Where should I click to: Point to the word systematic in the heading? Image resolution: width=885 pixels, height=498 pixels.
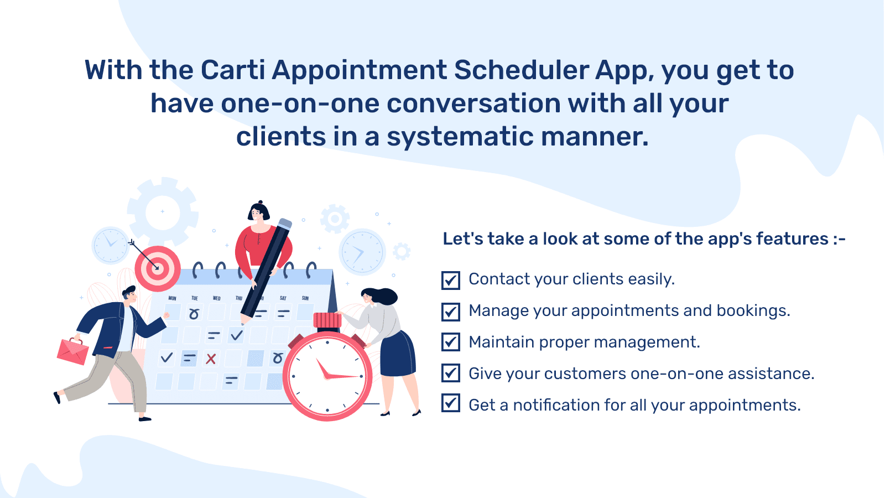[x=460, y=137]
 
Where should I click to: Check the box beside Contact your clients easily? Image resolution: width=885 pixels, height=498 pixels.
[x=451, y=281]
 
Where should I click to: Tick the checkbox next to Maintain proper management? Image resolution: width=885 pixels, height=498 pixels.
[x=451, y=342]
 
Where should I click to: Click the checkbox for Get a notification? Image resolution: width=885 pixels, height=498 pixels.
[x=451, y=403]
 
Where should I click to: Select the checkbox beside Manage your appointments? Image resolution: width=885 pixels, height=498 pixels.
[x=451, y=312]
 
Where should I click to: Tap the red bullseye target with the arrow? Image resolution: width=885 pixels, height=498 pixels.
[x=158, y=269]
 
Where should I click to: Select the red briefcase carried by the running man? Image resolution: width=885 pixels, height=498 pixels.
[x=73, y=351]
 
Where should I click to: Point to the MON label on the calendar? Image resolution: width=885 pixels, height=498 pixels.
[x=172, y=298]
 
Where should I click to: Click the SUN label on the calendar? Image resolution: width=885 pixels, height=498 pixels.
[x=305, y=298]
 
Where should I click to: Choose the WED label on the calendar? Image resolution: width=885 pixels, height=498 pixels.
[x=216, y=298]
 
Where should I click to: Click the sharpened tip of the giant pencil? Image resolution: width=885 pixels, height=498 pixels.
[x=242, y=324]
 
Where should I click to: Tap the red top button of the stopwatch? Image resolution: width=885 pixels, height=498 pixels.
[x=327, y=320]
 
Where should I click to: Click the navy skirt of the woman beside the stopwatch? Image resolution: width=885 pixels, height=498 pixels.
[x=397, y=354]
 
